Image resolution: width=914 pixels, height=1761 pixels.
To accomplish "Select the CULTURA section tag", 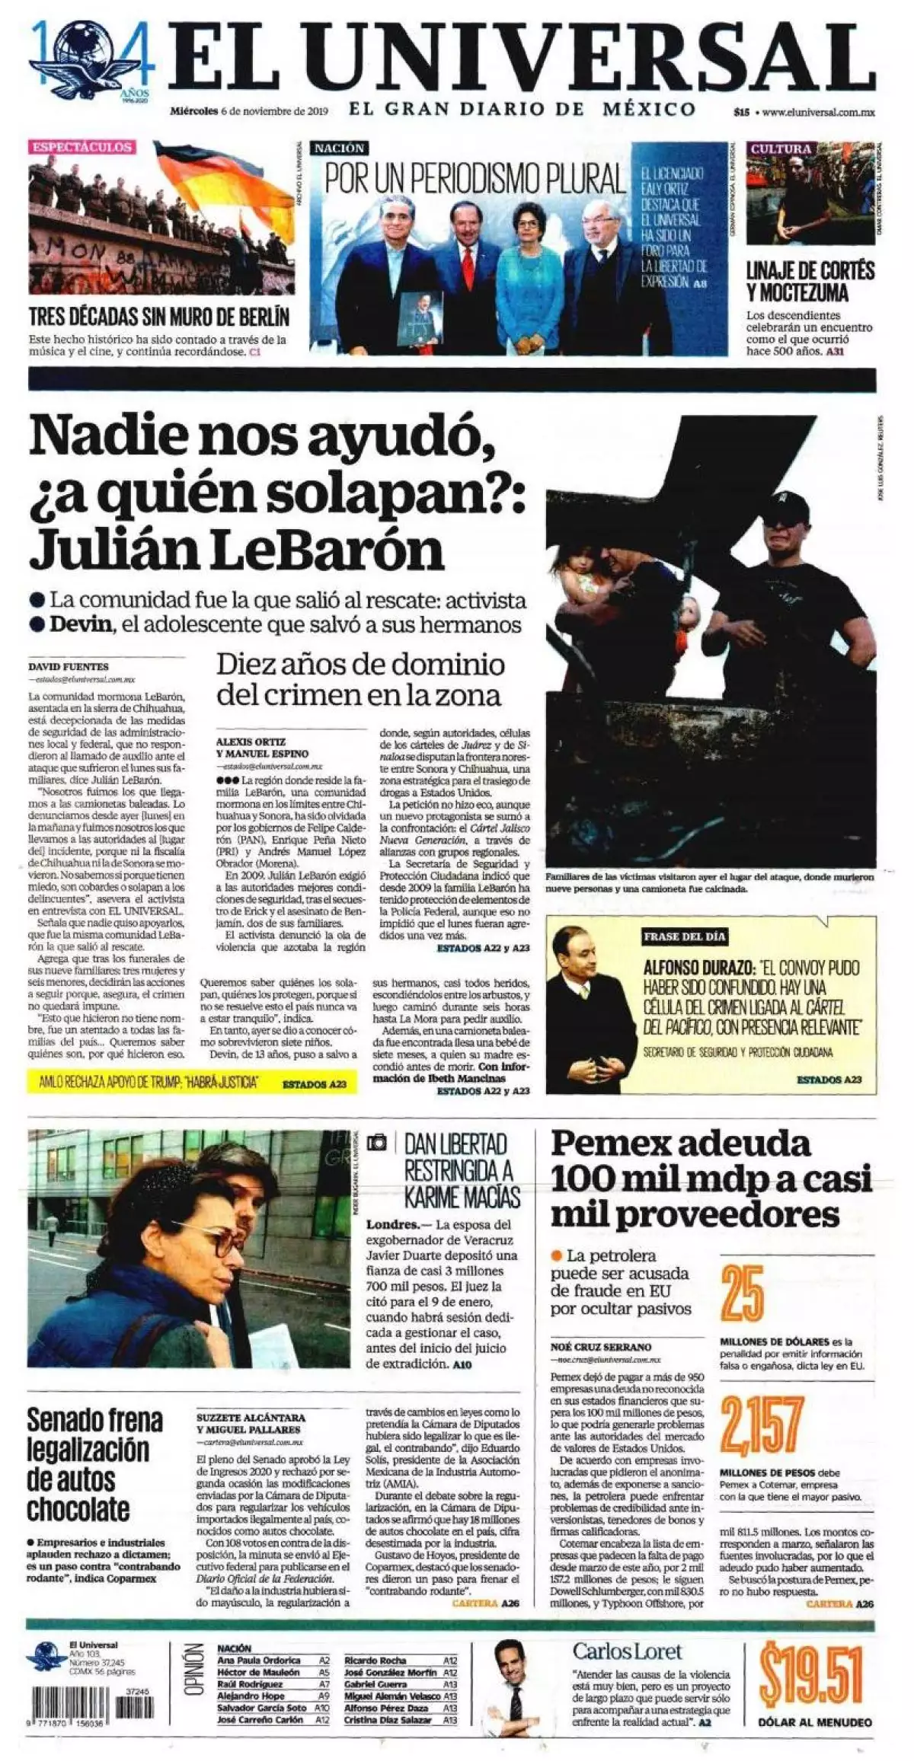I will (780, 148).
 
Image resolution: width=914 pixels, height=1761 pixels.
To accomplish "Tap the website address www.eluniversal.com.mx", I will (817, 112).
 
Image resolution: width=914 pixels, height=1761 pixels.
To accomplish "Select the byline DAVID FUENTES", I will (68, 666).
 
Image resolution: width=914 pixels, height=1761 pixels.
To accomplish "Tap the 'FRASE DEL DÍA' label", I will (684, 936).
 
